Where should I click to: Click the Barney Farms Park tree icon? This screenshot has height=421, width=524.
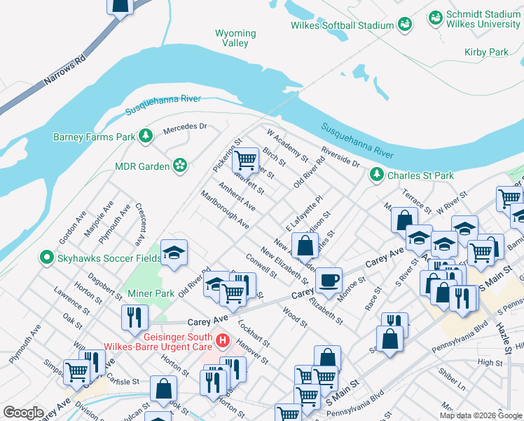pos(145,136)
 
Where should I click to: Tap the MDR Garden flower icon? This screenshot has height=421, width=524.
pos(180,166)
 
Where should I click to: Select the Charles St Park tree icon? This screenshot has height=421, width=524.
pos(377,174)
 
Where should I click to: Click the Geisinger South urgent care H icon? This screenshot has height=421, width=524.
pos(223,341)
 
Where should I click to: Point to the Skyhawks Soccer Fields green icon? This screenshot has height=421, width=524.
pos(47,258)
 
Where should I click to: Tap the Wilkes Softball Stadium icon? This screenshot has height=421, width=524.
pos(404,25)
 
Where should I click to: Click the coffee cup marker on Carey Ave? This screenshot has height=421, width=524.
pos(329,280)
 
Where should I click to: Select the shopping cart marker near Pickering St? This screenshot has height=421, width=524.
pos(246,160)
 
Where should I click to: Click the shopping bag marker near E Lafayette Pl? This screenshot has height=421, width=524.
pos(305,246)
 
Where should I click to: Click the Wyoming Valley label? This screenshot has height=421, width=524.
pos(235,38)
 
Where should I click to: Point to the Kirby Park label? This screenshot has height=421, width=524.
pos(485,53)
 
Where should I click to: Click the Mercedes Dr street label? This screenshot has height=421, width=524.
pos(185,128)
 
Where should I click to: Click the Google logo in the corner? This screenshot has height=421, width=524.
pos(23,413)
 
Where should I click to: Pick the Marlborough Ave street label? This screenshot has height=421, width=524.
pos(224,209)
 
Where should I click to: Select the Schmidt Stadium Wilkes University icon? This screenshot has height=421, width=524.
pos(435,16)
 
